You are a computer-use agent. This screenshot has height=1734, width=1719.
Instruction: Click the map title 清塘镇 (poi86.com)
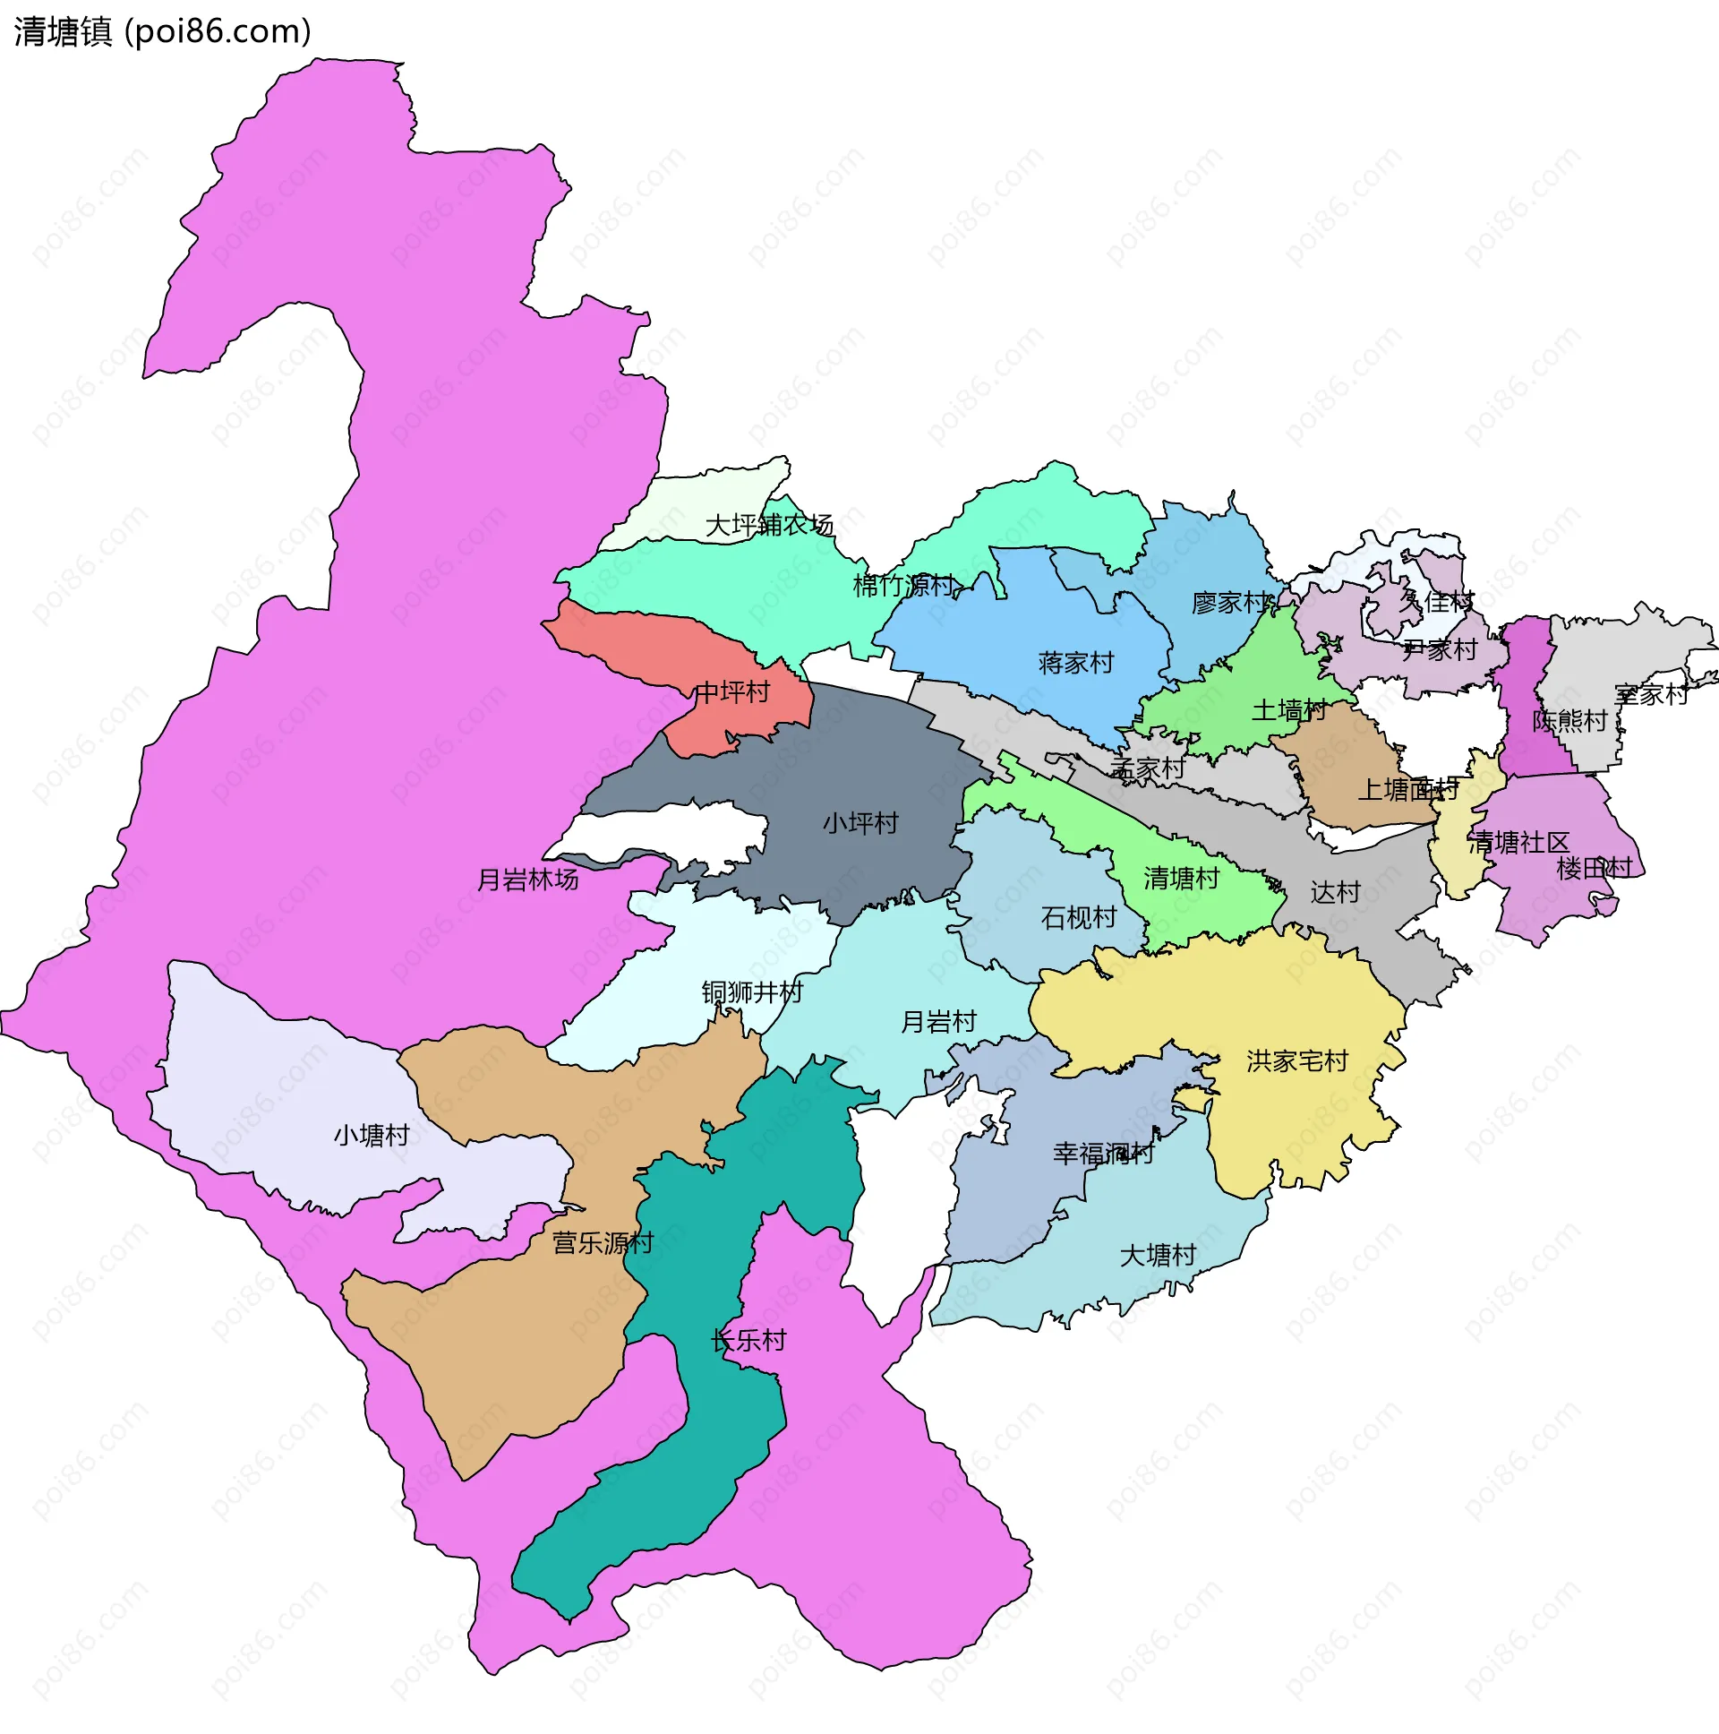162,31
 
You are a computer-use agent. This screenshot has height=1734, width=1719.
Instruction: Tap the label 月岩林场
527,880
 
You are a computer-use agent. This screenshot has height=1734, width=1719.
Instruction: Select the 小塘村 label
372,1136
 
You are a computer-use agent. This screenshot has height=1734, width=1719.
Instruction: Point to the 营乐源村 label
603,1243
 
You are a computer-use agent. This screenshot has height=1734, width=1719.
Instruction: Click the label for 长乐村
748,1341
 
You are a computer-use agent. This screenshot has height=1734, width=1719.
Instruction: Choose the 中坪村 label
732,692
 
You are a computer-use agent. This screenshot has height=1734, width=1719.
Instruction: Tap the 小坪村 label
860,823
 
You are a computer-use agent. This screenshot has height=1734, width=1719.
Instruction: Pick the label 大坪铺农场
769,525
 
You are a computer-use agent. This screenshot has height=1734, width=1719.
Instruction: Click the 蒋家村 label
1076,664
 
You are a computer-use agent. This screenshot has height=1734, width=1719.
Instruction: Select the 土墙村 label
1288,711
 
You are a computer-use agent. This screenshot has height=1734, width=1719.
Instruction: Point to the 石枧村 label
1079,917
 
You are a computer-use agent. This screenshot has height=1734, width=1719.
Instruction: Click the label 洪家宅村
1297,1060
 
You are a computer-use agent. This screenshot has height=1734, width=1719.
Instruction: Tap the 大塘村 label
1159,1256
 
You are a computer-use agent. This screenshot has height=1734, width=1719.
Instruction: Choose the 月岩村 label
938,1021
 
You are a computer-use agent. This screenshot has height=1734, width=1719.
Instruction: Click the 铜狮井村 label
752,991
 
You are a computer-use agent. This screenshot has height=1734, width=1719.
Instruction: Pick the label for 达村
1335,892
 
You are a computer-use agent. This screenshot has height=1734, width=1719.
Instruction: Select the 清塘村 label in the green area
1182,878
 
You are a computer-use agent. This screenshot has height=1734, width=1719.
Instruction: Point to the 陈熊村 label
1569,721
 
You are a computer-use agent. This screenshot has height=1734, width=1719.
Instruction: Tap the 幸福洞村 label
1104,1154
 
